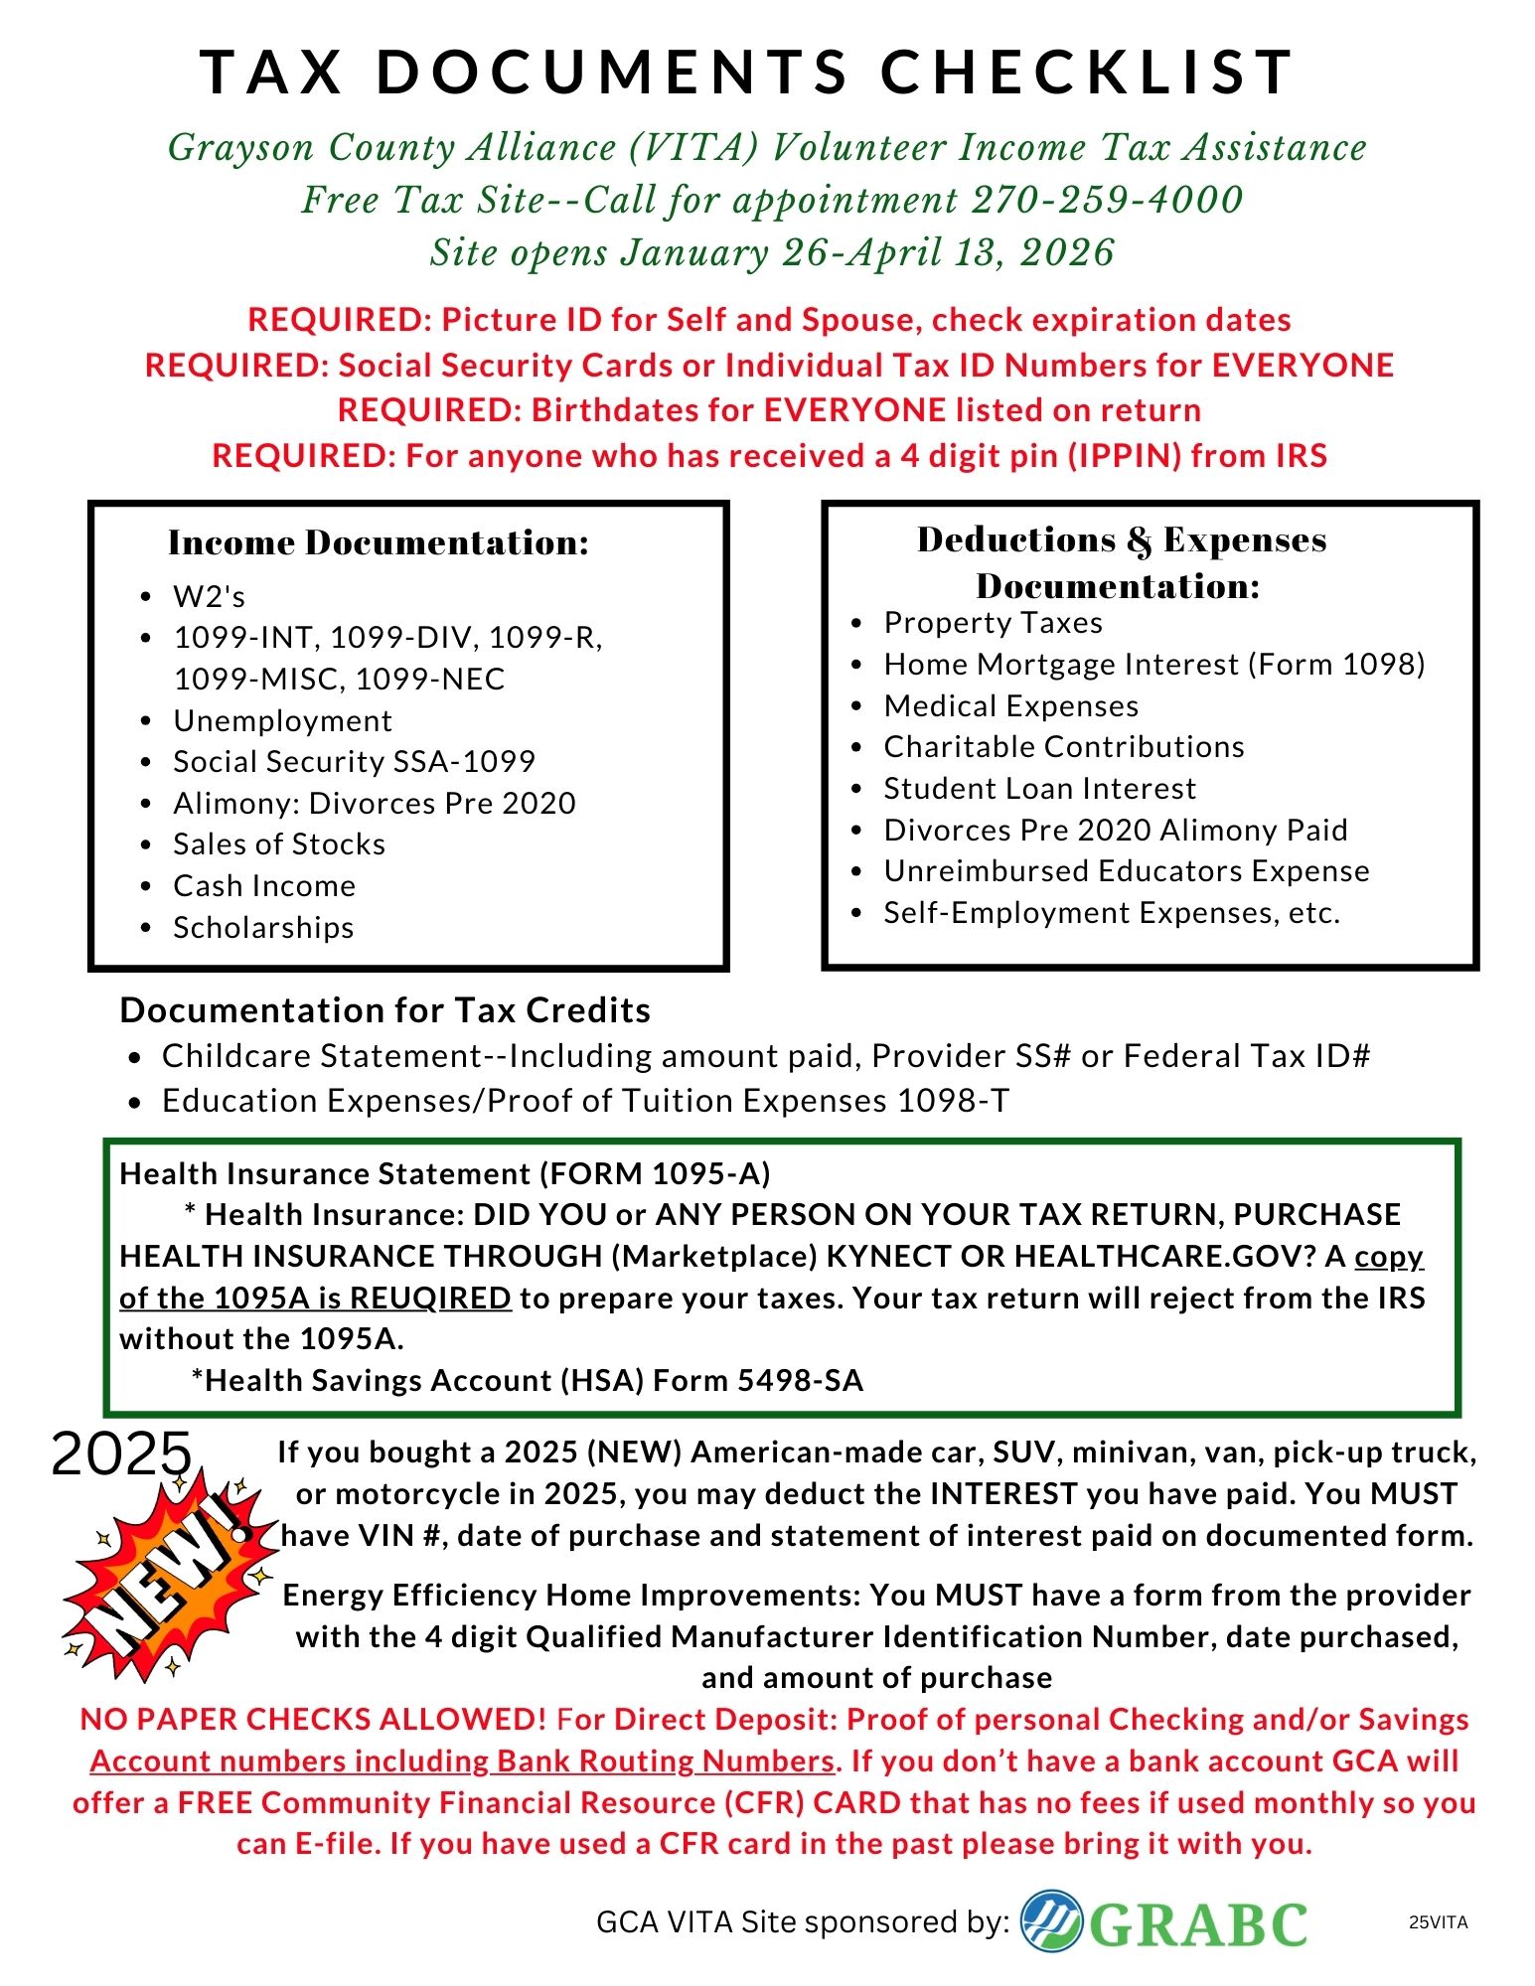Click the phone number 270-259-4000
(1107, 201)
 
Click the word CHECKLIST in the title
(1087, 73)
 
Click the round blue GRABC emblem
(1052, 1919)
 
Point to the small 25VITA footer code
(1438, 1922)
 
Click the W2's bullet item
(209, 596)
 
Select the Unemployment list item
(282, 720)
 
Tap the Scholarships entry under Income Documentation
(263, 927)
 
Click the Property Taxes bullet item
(993, 623)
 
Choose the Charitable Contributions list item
(1063, 746)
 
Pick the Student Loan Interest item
(1039, 788)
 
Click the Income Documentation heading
(379, 542)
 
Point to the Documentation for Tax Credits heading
(384, 1009)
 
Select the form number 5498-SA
(800, 1380)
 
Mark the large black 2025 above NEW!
(121, 1453)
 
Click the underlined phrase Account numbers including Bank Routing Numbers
(462, 1760)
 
